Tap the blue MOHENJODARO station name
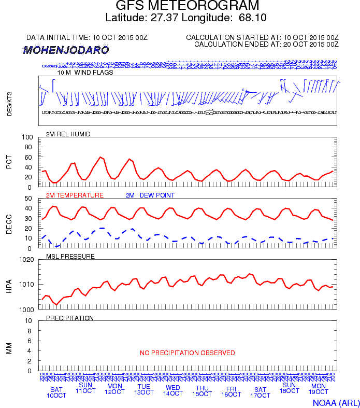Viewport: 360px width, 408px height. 66,50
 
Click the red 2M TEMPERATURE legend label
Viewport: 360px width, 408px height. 75,195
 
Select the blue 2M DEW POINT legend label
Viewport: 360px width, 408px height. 150,195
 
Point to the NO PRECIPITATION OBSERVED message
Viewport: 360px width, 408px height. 188,353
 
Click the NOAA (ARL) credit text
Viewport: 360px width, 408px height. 336,402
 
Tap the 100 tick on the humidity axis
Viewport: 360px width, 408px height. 27,137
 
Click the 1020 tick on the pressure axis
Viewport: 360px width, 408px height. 26,259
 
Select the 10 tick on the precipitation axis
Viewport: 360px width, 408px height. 30,320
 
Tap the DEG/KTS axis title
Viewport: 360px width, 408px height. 9,103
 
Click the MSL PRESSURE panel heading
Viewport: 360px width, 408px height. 70,257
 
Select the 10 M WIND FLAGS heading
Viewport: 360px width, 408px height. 85,73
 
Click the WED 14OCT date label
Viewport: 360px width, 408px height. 173,390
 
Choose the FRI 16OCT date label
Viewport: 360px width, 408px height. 231,391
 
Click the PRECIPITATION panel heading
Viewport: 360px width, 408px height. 70,318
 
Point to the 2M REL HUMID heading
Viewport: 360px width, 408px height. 68,134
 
